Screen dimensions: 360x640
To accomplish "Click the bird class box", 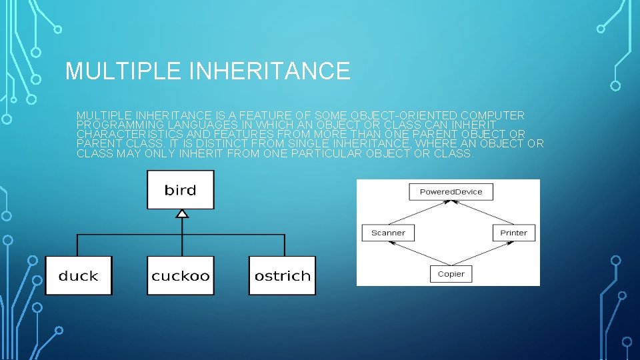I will [181, 190].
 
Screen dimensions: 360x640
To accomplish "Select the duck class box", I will [79, 275].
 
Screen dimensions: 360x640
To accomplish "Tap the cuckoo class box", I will [181, 275].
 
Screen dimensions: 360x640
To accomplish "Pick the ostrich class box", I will [282, 275].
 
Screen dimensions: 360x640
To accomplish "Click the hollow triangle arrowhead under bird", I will [182, 213].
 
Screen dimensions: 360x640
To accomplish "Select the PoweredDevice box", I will [451, 192].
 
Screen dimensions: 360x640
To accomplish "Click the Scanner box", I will [388, 233].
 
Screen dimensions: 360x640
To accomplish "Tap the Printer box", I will [513, 233].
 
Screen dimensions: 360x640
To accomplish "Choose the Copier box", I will [451, 273].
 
